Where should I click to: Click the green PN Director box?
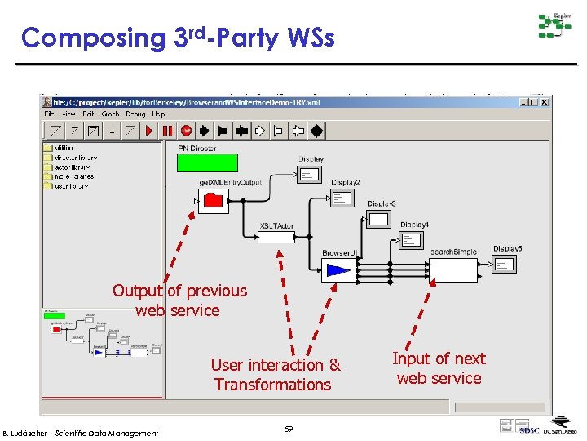207,163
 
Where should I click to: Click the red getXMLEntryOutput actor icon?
214,200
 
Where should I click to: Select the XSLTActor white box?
276,238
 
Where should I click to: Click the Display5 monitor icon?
505,263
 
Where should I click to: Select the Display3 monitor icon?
378,218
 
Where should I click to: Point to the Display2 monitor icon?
342,197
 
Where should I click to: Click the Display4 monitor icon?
412,239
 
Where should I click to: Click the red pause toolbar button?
168,131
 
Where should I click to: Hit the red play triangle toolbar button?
150,131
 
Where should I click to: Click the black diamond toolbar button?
316,131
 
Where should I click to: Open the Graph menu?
110,114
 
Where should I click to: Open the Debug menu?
135,114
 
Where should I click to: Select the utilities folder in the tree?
63,149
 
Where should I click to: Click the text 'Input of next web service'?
439,368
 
